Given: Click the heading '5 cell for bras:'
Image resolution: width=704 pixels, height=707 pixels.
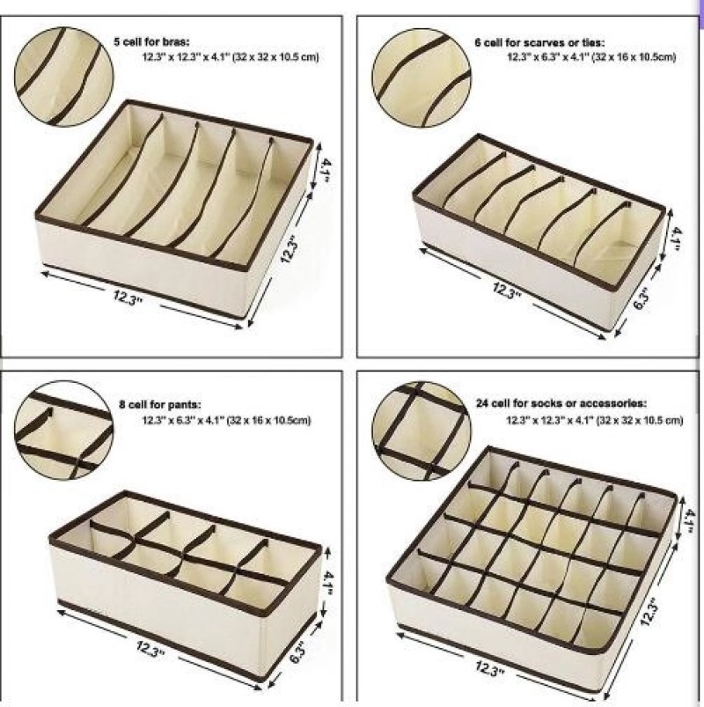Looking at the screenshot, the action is (151, 42).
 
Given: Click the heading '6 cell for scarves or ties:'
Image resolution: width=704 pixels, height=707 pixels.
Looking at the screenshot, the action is (539, 43).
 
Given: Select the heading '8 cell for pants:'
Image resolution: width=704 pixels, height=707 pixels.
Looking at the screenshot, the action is (159, 405).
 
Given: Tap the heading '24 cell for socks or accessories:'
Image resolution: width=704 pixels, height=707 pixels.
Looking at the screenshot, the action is (561, 402).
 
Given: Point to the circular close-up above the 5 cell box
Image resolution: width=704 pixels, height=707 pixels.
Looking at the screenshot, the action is (63, 77).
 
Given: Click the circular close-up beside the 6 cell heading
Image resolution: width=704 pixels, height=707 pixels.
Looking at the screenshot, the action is (422, 77).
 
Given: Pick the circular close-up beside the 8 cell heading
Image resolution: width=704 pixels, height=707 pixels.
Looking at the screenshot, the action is (63, 431).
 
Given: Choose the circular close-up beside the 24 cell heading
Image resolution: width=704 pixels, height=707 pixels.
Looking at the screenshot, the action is (422, 431).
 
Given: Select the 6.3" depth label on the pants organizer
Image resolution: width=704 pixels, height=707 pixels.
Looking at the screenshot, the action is (297, 655).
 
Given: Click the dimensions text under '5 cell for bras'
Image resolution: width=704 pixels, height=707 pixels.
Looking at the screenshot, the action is (231, 57).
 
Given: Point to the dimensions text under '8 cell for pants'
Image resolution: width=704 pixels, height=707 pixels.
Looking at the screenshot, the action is (227, 421).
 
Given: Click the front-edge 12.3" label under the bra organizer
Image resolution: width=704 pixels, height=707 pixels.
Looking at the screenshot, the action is (128, 298).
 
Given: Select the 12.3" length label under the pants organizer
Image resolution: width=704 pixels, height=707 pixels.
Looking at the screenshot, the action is (151, 649).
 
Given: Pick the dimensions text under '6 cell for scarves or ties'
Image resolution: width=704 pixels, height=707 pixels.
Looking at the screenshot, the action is (591, 57).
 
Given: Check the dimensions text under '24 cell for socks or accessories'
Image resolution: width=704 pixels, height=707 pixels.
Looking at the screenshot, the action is (595, 420).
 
